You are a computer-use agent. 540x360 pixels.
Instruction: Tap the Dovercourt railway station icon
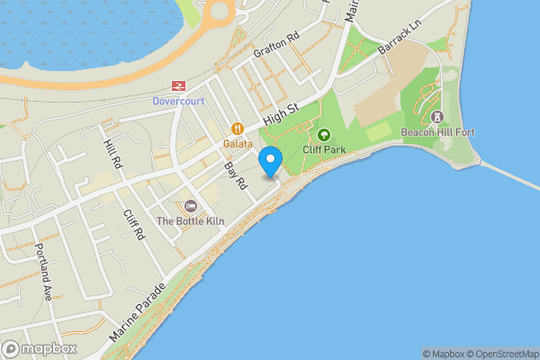tap(180, 85)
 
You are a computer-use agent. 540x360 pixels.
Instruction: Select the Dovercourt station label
tap(180, 102)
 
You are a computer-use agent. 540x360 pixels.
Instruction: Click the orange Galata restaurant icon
tap(238, 129)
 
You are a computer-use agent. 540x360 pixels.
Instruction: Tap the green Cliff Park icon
tap(324, 135)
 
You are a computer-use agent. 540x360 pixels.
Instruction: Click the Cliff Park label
tap(324, 149)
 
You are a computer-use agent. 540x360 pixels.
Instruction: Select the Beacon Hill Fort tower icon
tap(438, 117)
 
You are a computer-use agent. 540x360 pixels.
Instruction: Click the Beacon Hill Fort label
tap(438, 132)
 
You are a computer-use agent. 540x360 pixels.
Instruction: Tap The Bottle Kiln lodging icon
tap(190, 206)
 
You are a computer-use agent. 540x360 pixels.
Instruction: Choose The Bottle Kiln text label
tap(190, 220)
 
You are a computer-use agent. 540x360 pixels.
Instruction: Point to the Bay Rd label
tap(236, 175)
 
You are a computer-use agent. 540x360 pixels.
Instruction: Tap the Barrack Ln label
tap(400, 40)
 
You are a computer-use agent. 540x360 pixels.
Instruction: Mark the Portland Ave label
tap(41, 270)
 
